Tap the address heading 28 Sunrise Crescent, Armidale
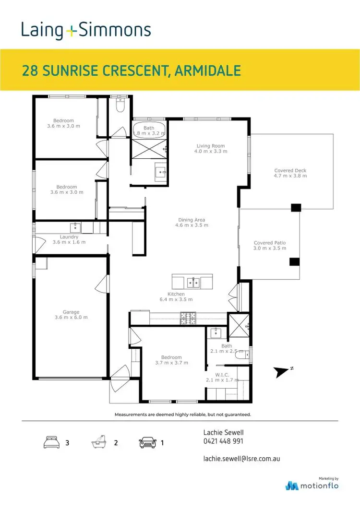[131, 71]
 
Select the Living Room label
[211, 146]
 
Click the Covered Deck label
[290, 170]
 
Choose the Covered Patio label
[270, 243]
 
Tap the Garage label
[71, 312]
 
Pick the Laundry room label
[69, 237]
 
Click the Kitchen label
[176, 294]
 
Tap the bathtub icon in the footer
[98, 442]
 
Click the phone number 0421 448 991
[223, 441]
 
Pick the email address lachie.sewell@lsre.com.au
[241, 459]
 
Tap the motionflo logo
[312, 485]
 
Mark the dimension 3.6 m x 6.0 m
[71, 318]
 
